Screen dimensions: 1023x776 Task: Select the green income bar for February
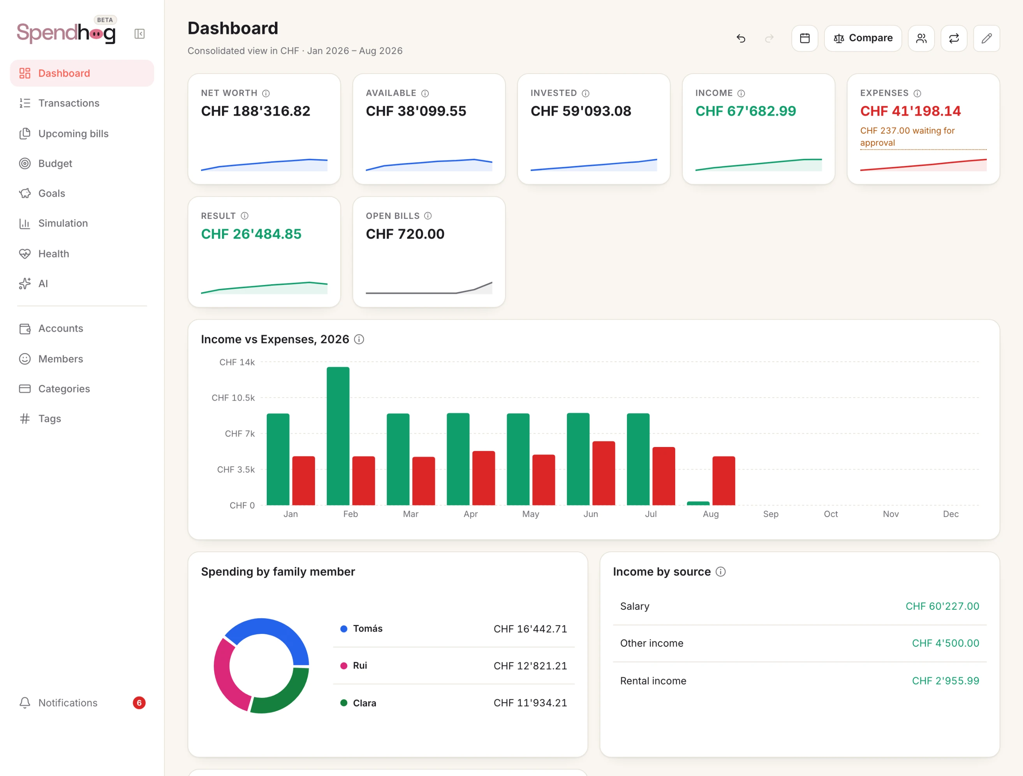338,436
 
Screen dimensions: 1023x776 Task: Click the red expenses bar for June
604,473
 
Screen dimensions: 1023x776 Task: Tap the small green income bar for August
698,503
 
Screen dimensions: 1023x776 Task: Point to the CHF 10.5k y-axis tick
233,398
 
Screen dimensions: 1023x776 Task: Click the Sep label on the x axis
771,514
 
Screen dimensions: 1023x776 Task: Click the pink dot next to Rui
343,665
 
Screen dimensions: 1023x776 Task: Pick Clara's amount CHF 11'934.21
530,702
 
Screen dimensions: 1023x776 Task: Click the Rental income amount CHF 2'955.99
945,681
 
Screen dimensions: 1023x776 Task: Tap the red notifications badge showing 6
139,702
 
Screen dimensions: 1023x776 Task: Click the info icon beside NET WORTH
266,93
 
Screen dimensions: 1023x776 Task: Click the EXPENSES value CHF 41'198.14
910,111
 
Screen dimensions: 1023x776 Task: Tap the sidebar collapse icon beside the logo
139,34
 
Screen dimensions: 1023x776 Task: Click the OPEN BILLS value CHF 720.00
405,234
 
